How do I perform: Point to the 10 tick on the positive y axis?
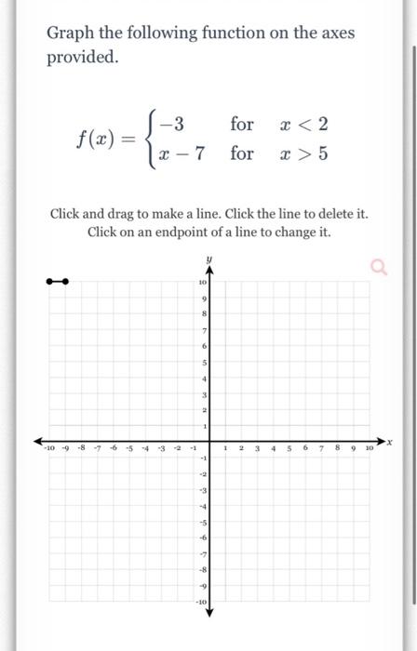tap(201, 282)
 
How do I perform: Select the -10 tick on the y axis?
tap(199, 602)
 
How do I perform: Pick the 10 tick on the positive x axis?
tap(368, 447)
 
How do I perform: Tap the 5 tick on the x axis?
tap(289, 447)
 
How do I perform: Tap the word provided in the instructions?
tap(82, 57)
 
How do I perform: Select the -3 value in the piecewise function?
tap(172, 123)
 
